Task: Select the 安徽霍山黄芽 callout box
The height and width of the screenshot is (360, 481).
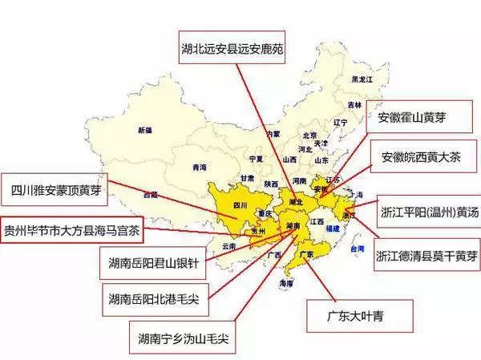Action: [x=417, y=118]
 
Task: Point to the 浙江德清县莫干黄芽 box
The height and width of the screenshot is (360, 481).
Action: [x=428, y=257]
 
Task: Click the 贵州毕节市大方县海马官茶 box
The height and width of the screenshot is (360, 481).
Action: [x=72, y=229]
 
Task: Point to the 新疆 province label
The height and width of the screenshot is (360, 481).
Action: [x=145, y=129]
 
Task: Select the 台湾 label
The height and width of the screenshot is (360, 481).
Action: [x=350, y=249]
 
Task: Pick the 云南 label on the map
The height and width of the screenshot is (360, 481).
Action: [x=229, y=245]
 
